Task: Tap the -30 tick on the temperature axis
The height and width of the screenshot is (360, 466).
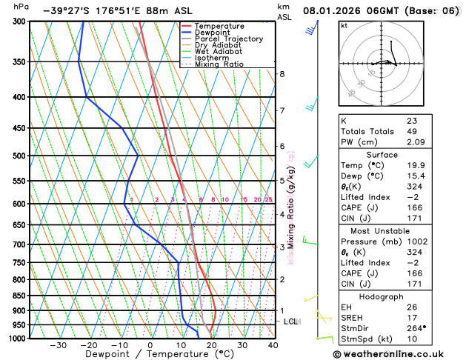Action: [x=58, y=345]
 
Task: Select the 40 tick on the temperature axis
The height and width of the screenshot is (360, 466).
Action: [x=273, y=345]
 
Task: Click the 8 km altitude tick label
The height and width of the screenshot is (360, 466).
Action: [x=282, y=74]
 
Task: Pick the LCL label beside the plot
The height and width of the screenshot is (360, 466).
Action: [x=291, y=321]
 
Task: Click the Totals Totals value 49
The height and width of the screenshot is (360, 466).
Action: [x=412, y=131]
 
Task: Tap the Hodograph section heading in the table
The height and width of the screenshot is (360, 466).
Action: [x=398, y=296]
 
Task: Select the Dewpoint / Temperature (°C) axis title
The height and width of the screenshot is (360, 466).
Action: [x=150, y=355]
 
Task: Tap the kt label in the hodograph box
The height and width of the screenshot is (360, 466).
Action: [x=344, y=25]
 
